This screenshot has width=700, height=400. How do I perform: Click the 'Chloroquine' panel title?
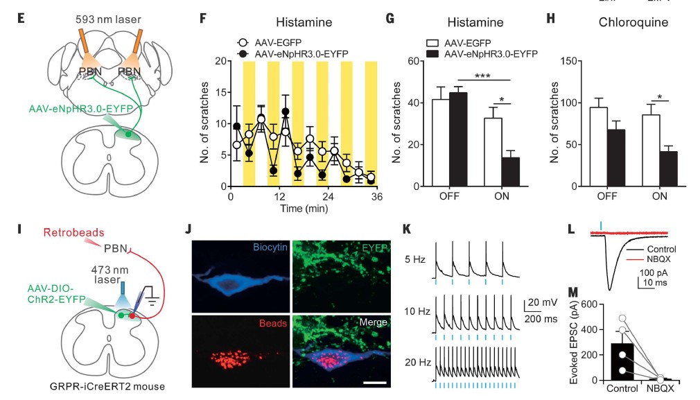633,22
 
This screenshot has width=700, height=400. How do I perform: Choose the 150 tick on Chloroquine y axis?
572,60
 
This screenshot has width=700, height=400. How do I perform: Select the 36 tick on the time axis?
376,197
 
